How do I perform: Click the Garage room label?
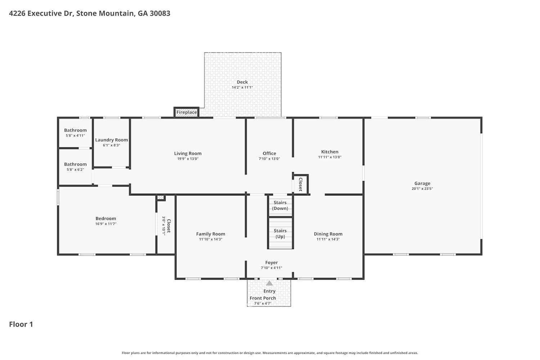click(x=422, y=183)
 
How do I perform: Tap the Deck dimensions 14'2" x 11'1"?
click(x=242, y=87)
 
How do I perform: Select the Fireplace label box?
click(x=186, y=112)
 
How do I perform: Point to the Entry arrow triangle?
click(x=269, y=283)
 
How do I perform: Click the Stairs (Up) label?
click(x=280, y=234)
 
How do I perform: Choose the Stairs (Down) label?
click(x=280, y=206)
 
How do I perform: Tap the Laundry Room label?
click(x=111, y=140)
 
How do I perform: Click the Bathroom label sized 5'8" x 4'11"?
click(x=75, y=130)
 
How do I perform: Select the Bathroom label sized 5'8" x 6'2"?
click(x=75, y=164)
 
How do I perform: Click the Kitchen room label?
click(x=330, y=152)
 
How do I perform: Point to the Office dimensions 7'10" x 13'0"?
click(x=269, y=159)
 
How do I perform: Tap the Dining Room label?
click(x=328, y=234)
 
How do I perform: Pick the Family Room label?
click(x=211, y=234)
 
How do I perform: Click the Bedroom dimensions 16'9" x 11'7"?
click(x=106, y=224)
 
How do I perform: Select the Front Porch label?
click(x=263, y=298)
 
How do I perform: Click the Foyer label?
click(x=271, y=262)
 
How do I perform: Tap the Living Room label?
click(x=188, y=153)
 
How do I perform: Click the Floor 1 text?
click(x=21, y=324)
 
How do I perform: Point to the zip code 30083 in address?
click(x=160, y=13)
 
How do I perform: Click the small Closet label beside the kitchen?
click(x=301, y=184)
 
